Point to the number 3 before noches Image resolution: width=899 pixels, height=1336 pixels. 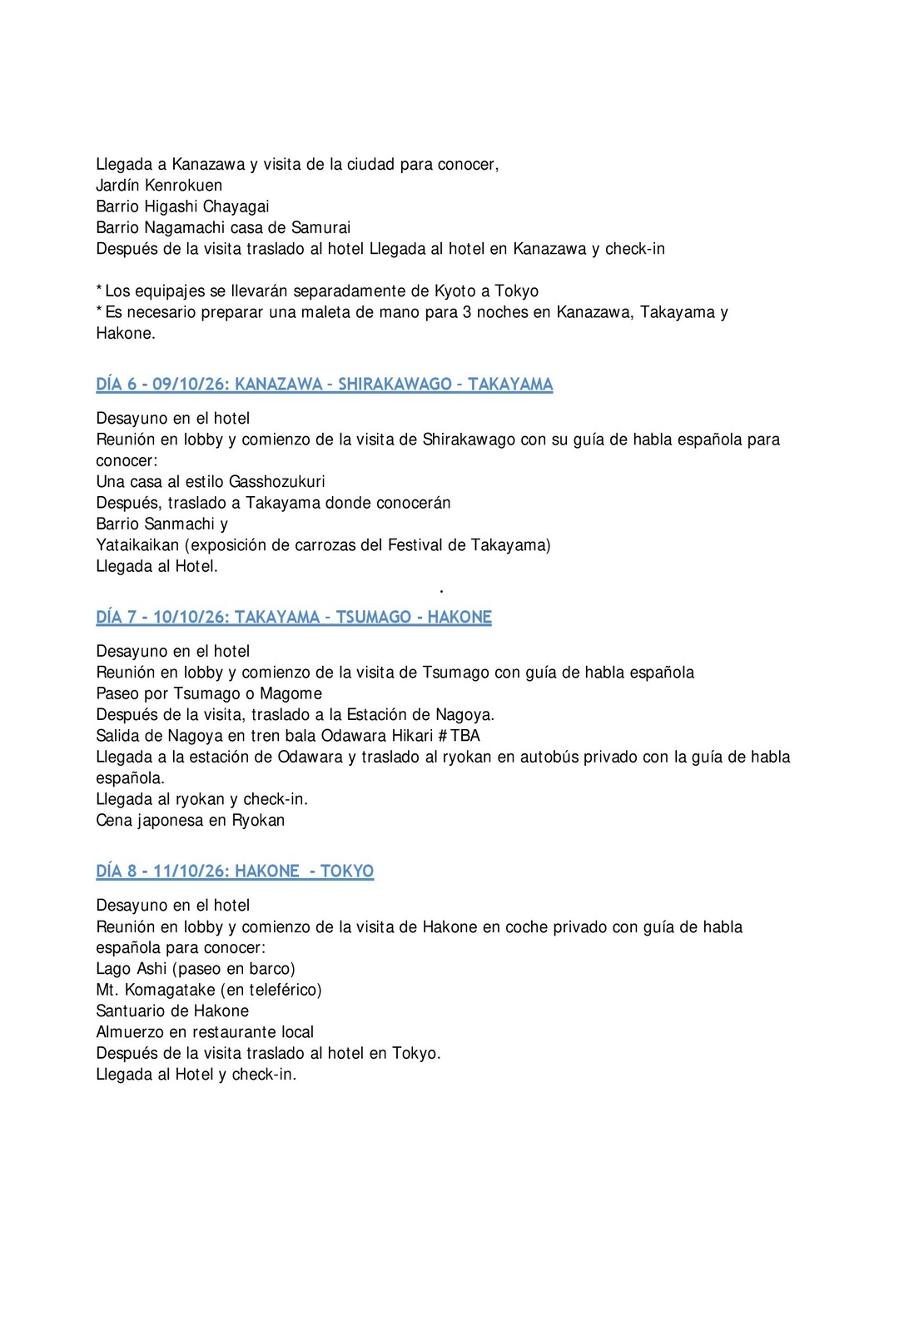tap(467, 312)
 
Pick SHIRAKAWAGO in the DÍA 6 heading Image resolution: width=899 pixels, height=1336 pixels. tap(395, 385)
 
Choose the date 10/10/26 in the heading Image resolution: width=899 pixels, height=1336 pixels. tap(190, 618)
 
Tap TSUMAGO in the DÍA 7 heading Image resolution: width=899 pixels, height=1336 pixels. tap(373, 618)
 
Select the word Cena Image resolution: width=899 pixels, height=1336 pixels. tap(114, 821)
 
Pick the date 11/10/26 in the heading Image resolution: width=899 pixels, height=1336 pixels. tap(190, 872)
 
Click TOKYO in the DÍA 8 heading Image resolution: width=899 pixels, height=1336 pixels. tap(347, 872)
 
